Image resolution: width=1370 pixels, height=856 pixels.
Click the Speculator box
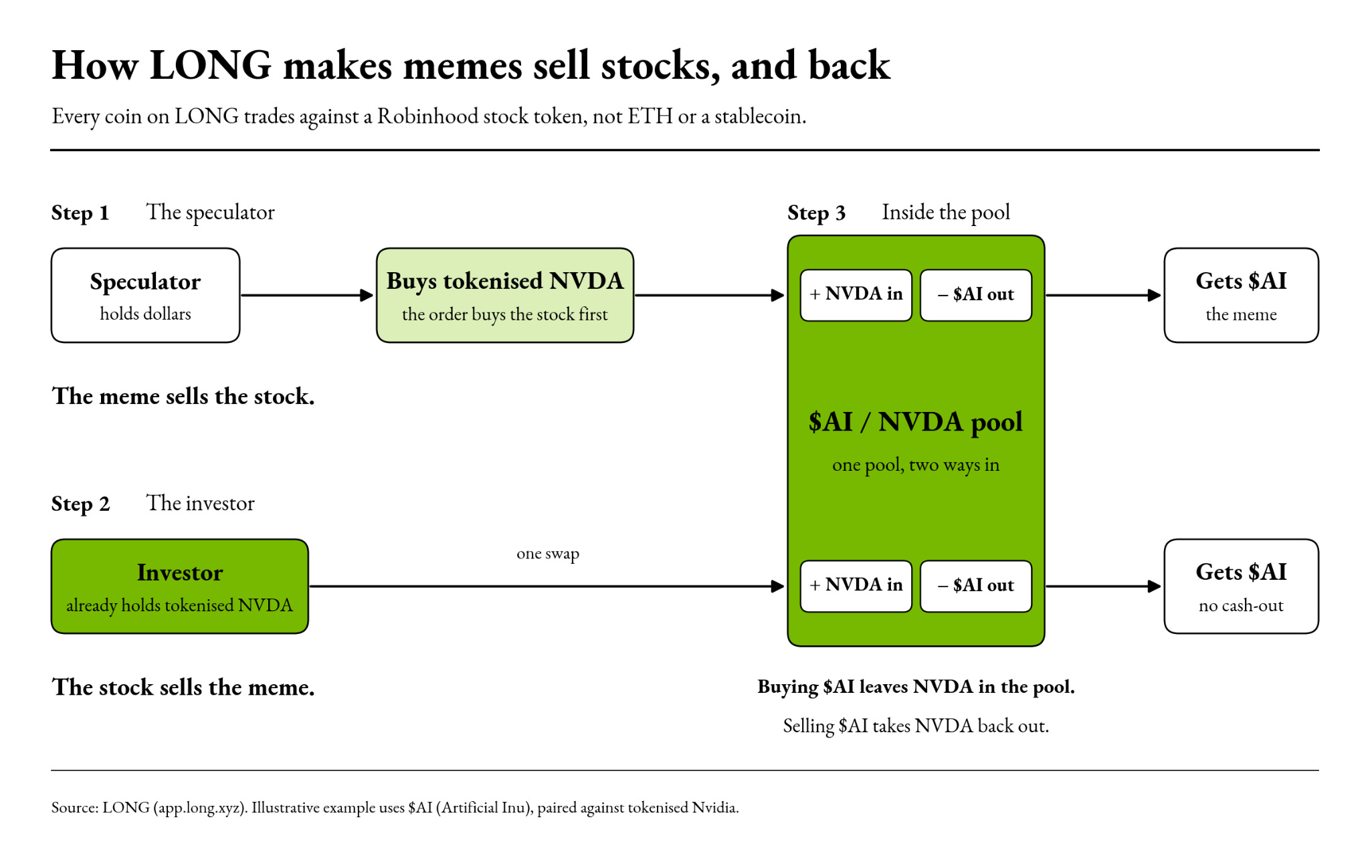pos(145,295)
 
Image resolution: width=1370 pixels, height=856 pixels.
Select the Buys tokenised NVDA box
pos(505,295)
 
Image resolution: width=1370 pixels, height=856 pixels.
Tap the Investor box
pos(180,586)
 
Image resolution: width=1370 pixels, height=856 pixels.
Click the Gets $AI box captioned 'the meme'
pos(1241,295)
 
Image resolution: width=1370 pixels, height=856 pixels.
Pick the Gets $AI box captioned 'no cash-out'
pos(1241,586)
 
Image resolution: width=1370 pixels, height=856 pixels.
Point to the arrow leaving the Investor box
pos(547,586)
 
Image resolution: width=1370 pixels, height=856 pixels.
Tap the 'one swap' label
pos(548,554)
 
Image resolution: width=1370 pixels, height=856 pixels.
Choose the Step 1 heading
pos(80,213)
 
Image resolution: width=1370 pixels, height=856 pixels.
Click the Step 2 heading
pos(80,504)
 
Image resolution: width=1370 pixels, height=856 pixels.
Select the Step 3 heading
pos(817,213)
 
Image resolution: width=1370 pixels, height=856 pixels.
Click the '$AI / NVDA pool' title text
pos(916,422)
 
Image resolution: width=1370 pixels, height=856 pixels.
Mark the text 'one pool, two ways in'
pos(916,465)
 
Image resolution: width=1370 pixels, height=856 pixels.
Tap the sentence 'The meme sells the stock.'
pos(183,396)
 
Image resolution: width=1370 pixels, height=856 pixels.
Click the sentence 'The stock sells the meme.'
pos(183,687)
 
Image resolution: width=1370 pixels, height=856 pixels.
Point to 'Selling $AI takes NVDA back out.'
pos(916,726)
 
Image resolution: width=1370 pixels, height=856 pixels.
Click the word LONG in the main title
pos(211,66)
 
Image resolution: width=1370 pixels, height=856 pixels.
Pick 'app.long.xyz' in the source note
pos(200,808)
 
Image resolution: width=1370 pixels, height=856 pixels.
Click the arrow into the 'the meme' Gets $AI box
pos(1104,295)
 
